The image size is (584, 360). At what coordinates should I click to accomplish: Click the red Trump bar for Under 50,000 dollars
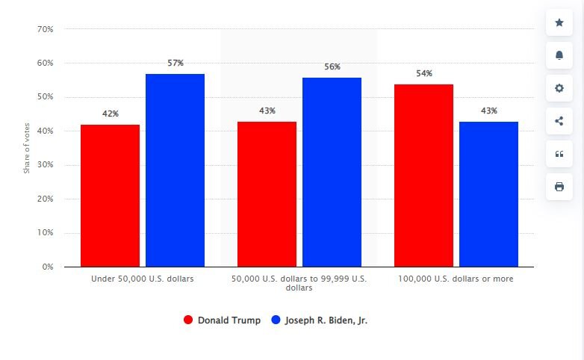point(110,196)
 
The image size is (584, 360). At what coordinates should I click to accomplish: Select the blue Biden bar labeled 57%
point(175,170)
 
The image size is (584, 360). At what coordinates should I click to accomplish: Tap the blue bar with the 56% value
point(332,172)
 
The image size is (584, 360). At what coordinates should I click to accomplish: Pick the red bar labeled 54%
point(423,176)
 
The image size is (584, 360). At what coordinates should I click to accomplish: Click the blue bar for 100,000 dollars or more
point(488,194)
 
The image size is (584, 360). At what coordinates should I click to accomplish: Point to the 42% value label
point(111,114)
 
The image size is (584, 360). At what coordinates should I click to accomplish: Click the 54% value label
point(424,73)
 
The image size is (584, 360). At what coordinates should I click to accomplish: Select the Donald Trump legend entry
point(223,320)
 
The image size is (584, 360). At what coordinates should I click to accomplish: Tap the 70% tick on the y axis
point(45,29)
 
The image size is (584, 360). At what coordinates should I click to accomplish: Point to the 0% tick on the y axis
point(47,267)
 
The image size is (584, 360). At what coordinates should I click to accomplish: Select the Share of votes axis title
point(27,148)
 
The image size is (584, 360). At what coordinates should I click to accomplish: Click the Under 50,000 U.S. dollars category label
point(142,279)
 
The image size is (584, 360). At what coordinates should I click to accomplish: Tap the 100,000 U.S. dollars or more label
point(456,279)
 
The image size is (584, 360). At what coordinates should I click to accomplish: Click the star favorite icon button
point(559,22)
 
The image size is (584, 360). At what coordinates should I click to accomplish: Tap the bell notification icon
point(559,55)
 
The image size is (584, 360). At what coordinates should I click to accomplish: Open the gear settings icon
point(559,88)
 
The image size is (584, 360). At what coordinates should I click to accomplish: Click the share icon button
point(559,121)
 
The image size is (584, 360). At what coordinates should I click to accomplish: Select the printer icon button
point(559,187)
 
